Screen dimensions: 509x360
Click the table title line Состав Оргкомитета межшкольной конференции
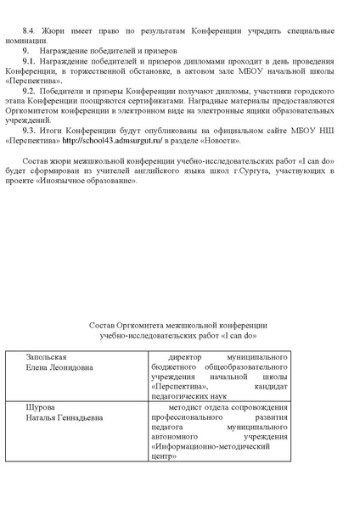pyautogui.click(x=178, y=326)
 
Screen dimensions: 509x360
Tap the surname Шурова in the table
pyautogui.click(x=42, y=408)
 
